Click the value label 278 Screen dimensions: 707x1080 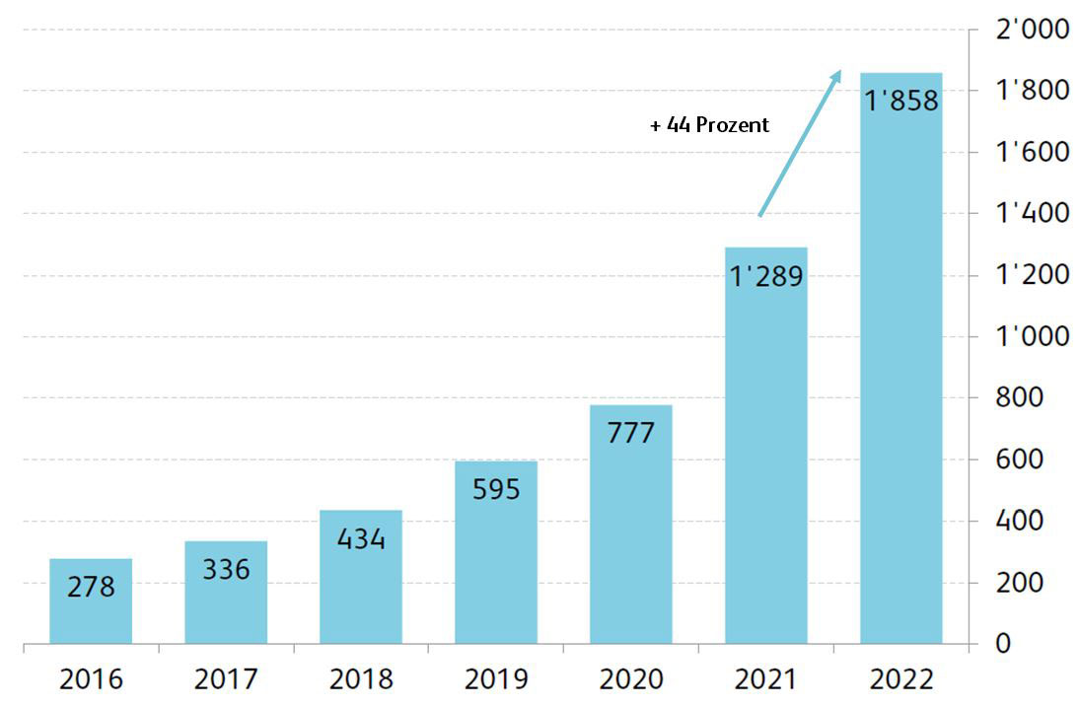(x=91, y=588)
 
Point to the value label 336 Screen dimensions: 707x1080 (x=226, y=569)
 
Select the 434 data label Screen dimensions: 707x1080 (x=361, y=539)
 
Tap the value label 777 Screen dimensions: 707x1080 (x=631, y=433)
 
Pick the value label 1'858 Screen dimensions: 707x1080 (x=900, y=101)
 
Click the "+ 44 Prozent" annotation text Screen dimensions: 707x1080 (x=709, y=125)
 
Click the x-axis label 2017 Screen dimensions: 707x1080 (x=226, y=679)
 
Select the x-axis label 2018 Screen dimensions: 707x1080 (x=361, y=679)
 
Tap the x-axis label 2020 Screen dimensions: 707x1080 (x=631, y=679)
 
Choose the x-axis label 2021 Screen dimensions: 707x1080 (x=766, y=679)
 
